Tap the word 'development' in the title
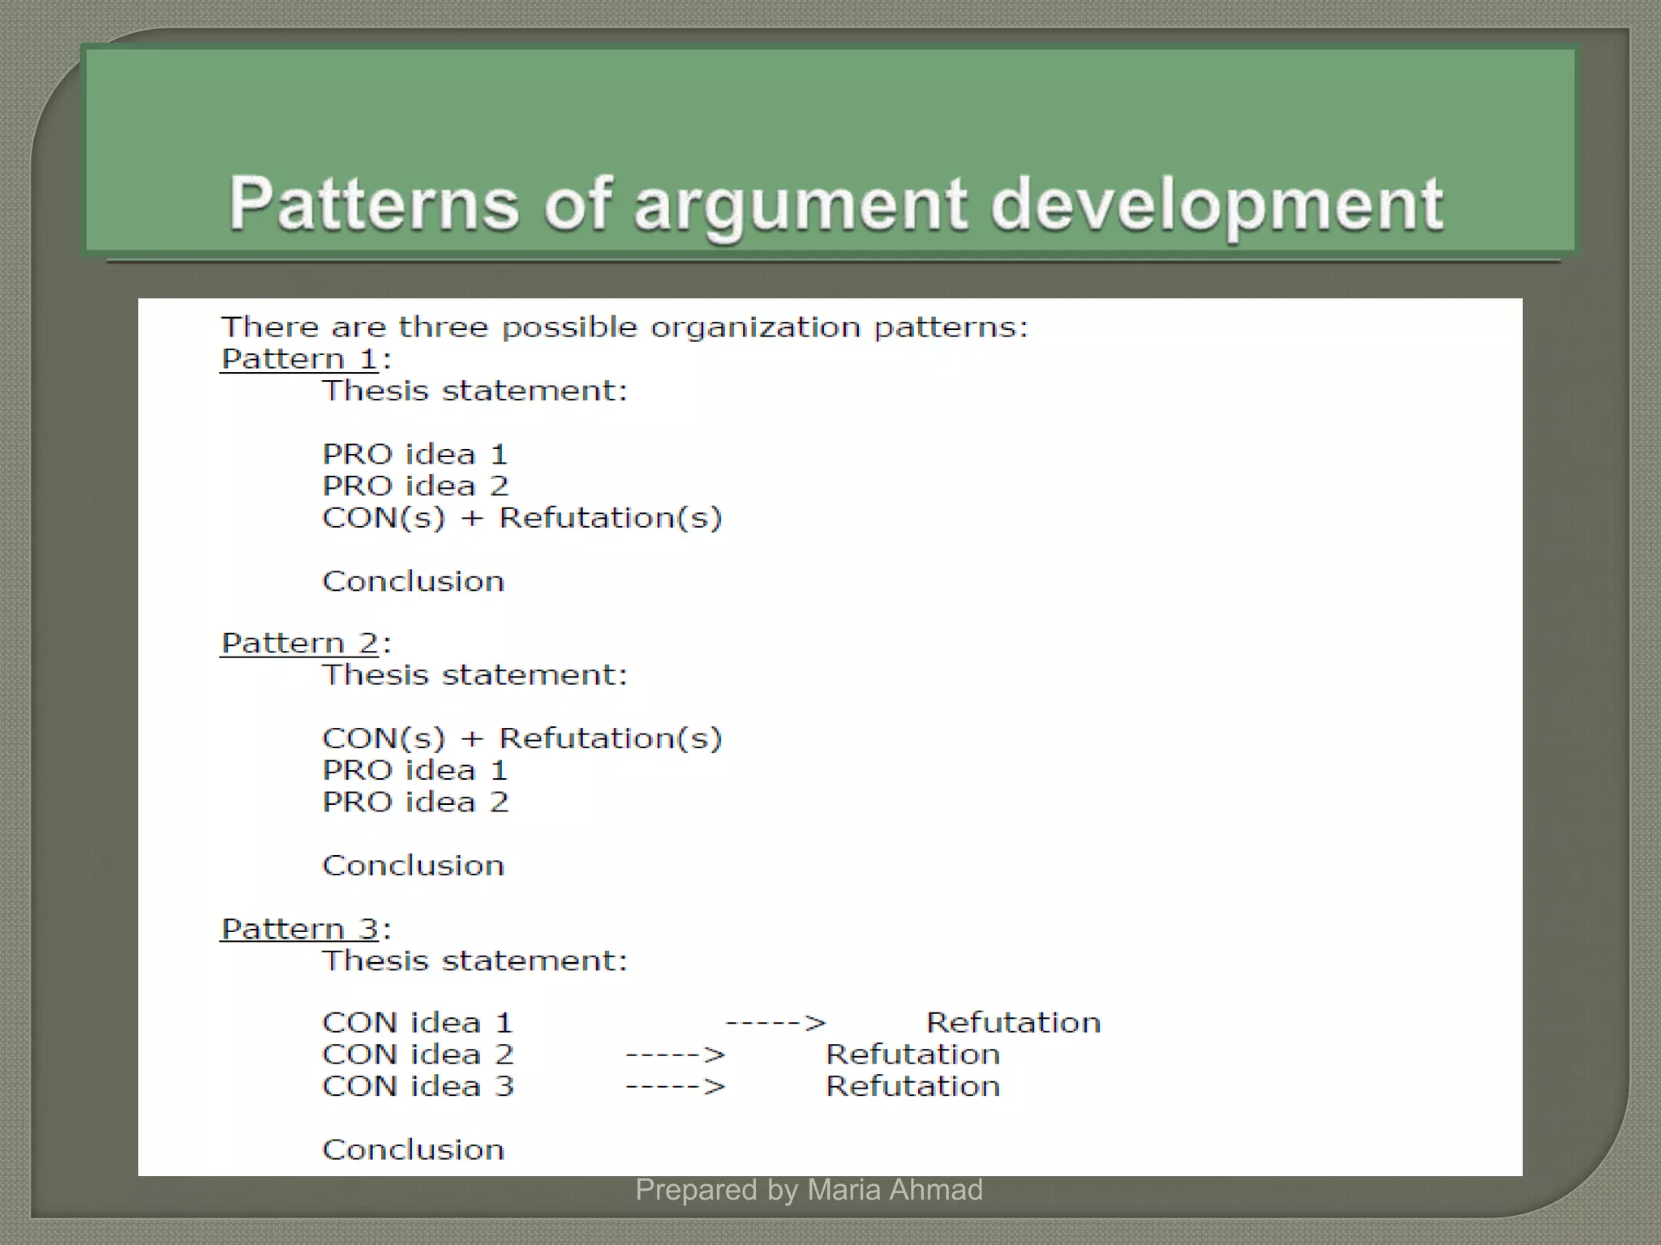click(1216, 204)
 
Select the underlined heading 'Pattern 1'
click(298, 359)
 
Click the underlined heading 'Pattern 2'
click(298, 644)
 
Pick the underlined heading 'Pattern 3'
click(298, 929)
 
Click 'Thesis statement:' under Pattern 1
click(475, 391)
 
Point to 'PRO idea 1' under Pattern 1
click(415, 454)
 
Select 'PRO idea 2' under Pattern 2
click(415, 802)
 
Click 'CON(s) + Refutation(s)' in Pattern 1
click(522, 518)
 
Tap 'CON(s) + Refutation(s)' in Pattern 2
click(522, 738)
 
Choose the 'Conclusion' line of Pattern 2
click(414, 866)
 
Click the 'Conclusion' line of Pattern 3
click(414, 1150)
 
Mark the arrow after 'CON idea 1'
click(775, 1023)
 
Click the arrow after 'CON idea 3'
click(676, 1087)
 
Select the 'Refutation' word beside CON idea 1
click(1014, 1023)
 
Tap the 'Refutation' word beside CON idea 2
click(913, 1055)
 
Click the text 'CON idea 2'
click(418, 1055)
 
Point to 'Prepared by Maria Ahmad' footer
click(809, 1190)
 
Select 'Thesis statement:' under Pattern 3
click(475, 960)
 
